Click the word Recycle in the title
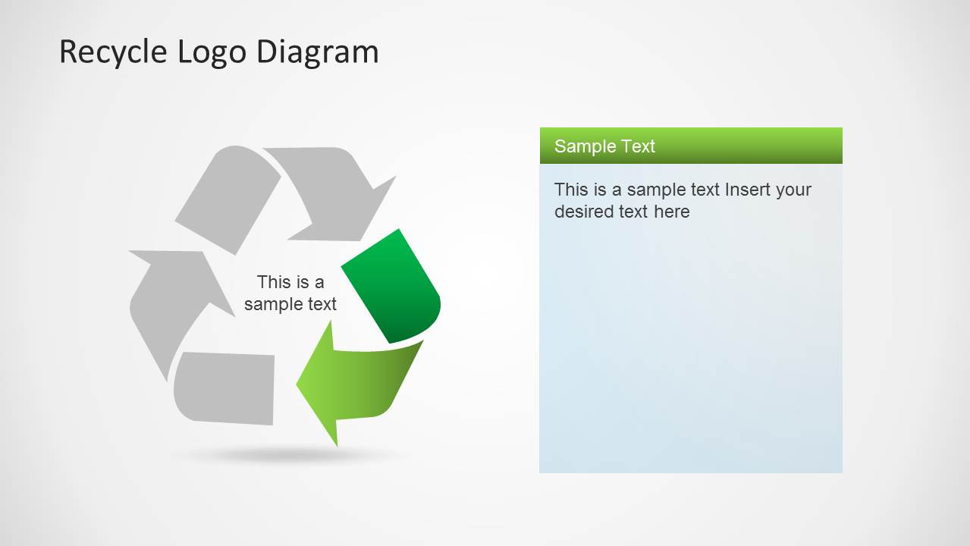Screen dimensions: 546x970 click(x=114, y=52)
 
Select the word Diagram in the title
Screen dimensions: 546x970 click(x=317, y=52)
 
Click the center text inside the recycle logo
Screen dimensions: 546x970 click(x=290, y=293)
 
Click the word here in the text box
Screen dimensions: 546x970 click(x=671, y=212)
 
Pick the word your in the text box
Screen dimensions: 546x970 click(x=793, y=190)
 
